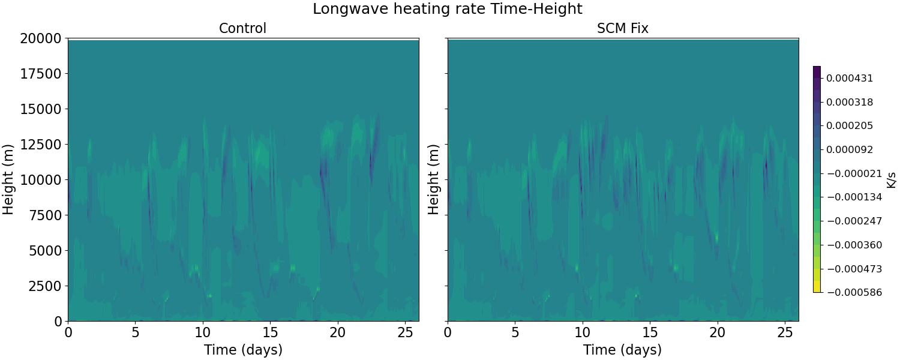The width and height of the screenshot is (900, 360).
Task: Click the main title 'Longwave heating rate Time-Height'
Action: point(447,9)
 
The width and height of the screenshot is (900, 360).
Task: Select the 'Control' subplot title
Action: point(242,28)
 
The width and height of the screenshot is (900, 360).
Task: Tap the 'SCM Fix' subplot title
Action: point(622,28)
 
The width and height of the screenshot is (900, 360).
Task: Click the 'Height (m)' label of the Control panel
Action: point(8,179)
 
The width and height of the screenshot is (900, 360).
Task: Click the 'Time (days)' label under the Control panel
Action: point(242,350)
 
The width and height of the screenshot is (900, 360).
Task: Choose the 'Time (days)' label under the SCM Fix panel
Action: point(622,350)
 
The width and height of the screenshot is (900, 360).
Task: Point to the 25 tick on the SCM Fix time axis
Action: point(785,332)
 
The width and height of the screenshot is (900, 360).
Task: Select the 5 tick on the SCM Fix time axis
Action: point(515,332)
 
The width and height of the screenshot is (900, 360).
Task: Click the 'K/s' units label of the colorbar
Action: point(891,179)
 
